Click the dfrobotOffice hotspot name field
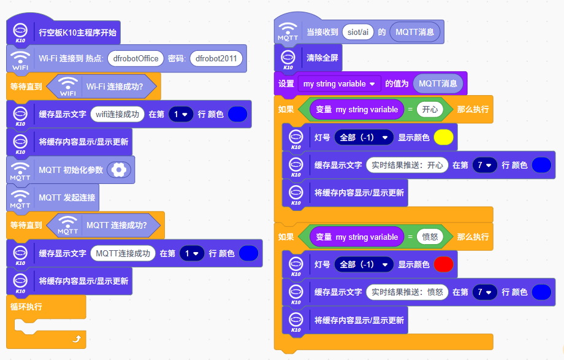click(x=135, y=59)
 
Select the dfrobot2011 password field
click(x=216, y=59)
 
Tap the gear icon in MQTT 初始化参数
click(x=118, y=170)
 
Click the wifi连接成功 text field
click(x=116, y=114)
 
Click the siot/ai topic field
click(x=358, y=32)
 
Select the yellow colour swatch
click(x=443, y=137)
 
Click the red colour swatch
click(x=443, y=264)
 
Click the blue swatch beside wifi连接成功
click(x=237, y=114)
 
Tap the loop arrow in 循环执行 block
click(x=76, y=337)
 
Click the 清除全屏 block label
click(x=322, y=58)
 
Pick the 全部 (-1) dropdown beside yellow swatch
click(x=364, y=137)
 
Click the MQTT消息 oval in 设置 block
click(x=438, y=83)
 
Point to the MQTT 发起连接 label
click(x=66, y=197)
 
